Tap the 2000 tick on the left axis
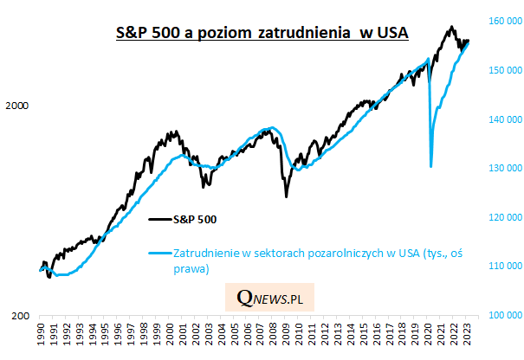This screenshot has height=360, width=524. point(17,106)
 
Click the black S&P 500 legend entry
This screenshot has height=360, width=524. point(199,219)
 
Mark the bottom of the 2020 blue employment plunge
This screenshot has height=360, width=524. point(431,166)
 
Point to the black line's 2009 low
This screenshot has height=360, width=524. point(287,196)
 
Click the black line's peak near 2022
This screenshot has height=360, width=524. point(451,27)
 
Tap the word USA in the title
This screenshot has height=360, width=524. point(390,32)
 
